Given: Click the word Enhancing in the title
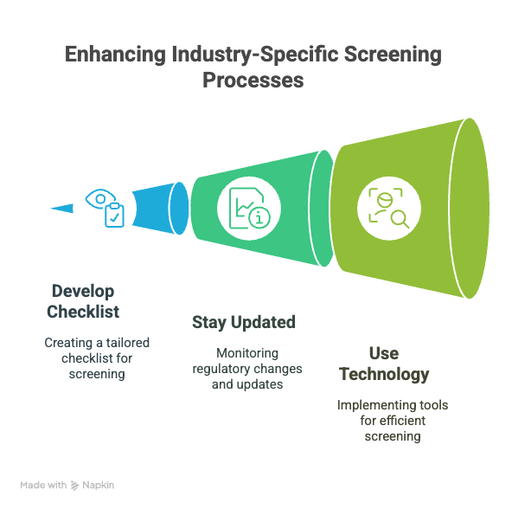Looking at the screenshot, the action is click(x=115, y=55).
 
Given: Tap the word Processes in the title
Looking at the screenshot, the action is click(x=253, y=81).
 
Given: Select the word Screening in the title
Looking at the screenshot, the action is click(x=393, y=55).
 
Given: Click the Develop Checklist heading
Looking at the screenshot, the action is click(x=83, y=301).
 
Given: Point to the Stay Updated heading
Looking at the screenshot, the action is click(x=244, y=322).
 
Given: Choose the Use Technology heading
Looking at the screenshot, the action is click(x=384, y=364).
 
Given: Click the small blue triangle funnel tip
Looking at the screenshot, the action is click(x=61, y=208).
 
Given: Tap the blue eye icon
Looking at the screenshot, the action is click(x=100, y=198).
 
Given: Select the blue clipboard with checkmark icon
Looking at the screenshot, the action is click(x=114, y=215).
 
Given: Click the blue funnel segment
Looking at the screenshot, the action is click(x=160, y=209).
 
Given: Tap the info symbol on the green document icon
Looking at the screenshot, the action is click(x=259, y=217).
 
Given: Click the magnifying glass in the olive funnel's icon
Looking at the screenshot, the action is click(x=400, y=218).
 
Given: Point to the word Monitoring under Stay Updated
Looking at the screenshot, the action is click(x=247, y=353).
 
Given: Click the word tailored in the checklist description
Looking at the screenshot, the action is click(x=127, y=343).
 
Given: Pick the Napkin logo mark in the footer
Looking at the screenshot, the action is click(x=74, y=486).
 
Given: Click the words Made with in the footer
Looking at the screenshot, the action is click(x=43, y=485).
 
